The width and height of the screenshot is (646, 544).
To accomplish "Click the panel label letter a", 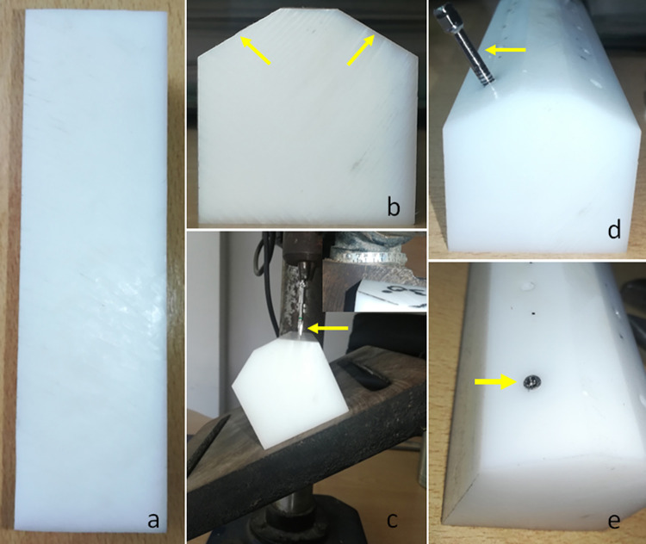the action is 153,521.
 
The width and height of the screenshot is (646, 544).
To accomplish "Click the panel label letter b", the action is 394,207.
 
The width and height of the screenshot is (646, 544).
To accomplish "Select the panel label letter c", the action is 392,521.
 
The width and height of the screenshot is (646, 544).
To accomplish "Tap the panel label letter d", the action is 614,230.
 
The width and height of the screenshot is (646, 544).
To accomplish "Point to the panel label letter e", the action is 614,522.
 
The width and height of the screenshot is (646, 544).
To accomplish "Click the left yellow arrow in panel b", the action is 255,50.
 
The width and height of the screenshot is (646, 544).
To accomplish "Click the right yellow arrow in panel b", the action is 361,50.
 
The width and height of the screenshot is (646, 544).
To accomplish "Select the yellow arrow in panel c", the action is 328,328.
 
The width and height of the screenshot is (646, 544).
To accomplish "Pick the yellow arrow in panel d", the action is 505,50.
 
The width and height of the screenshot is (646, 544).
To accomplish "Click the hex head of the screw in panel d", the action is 443,19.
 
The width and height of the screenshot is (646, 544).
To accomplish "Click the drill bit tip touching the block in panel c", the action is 301,331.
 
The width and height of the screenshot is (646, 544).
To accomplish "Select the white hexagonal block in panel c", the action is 290,388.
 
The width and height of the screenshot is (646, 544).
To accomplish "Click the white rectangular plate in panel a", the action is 91,270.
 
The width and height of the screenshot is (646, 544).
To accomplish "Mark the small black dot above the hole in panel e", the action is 534,314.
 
